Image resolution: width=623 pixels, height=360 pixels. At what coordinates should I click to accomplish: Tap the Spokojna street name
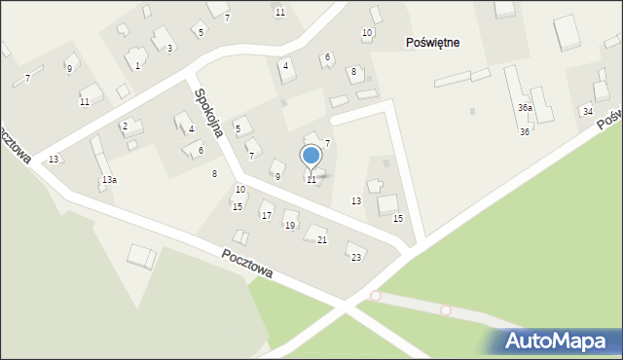210,113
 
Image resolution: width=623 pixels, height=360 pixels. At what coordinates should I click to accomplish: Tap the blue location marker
311,156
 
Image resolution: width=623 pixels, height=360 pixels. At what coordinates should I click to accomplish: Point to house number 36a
525,108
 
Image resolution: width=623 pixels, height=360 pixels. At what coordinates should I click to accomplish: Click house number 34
587,112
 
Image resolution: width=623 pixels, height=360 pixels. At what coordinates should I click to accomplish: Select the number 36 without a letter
524,131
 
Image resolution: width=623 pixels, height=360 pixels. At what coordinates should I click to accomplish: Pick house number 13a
109,180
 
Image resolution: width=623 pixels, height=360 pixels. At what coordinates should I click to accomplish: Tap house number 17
267,215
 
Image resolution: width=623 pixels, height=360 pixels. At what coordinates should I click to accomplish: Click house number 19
289,226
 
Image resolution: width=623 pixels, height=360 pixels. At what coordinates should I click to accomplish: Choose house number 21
322,239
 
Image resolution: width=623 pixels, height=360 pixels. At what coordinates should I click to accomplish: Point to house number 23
356,257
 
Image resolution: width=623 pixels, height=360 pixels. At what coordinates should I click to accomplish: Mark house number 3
169,48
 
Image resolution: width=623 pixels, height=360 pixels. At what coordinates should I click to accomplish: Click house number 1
137,65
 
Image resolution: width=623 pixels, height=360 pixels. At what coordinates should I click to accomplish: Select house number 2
125,126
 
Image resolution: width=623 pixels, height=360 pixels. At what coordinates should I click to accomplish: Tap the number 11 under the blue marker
311,180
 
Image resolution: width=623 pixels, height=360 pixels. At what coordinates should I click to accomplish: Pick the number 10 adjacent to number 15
239,190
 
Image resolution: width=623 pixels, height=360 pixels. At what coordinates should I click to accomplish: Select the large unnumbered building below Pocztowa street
142,257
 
